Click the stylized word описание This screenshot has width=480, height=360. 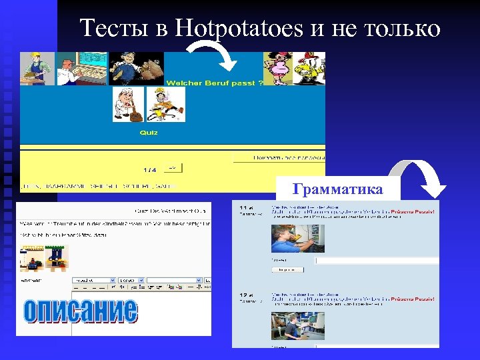(80, 311)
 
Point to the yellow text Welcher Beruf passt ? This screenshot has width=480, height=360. (214, 83)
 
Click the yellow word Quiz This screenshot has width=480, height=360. (148, 133)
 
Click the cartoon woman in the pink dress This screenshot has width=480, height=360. (275, 67)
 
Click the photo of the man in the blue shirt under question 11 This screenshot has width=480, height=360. (289, 238)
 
